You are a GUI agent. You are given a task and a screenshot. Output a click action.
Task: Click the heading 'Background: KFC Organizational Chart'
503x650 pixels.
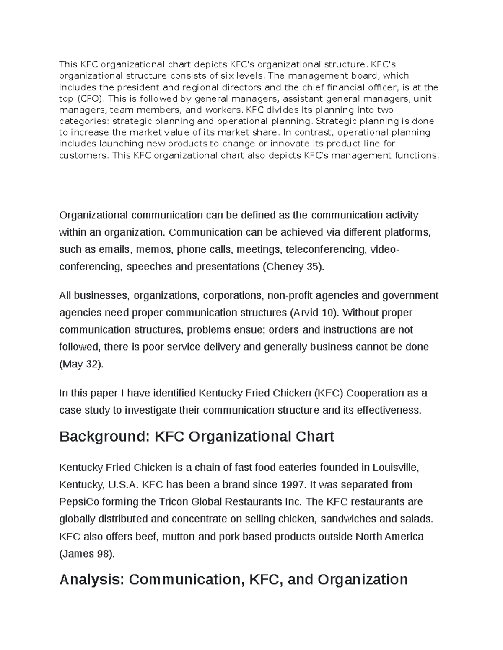click(197, 437)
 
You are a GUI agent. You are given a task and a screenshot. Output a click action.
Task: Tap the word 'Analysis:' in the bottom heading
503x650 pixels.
click(92, 580)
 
